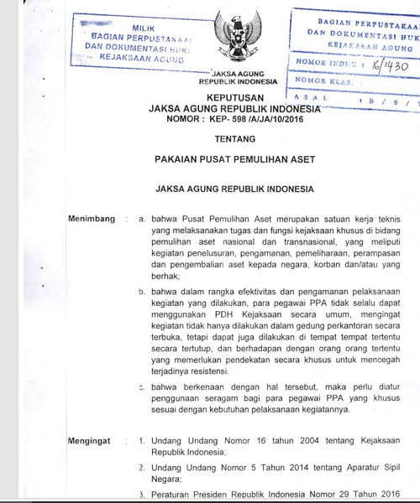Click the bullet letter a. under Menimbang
point(142,218)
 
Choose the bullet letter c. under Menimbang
point(142,387)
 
